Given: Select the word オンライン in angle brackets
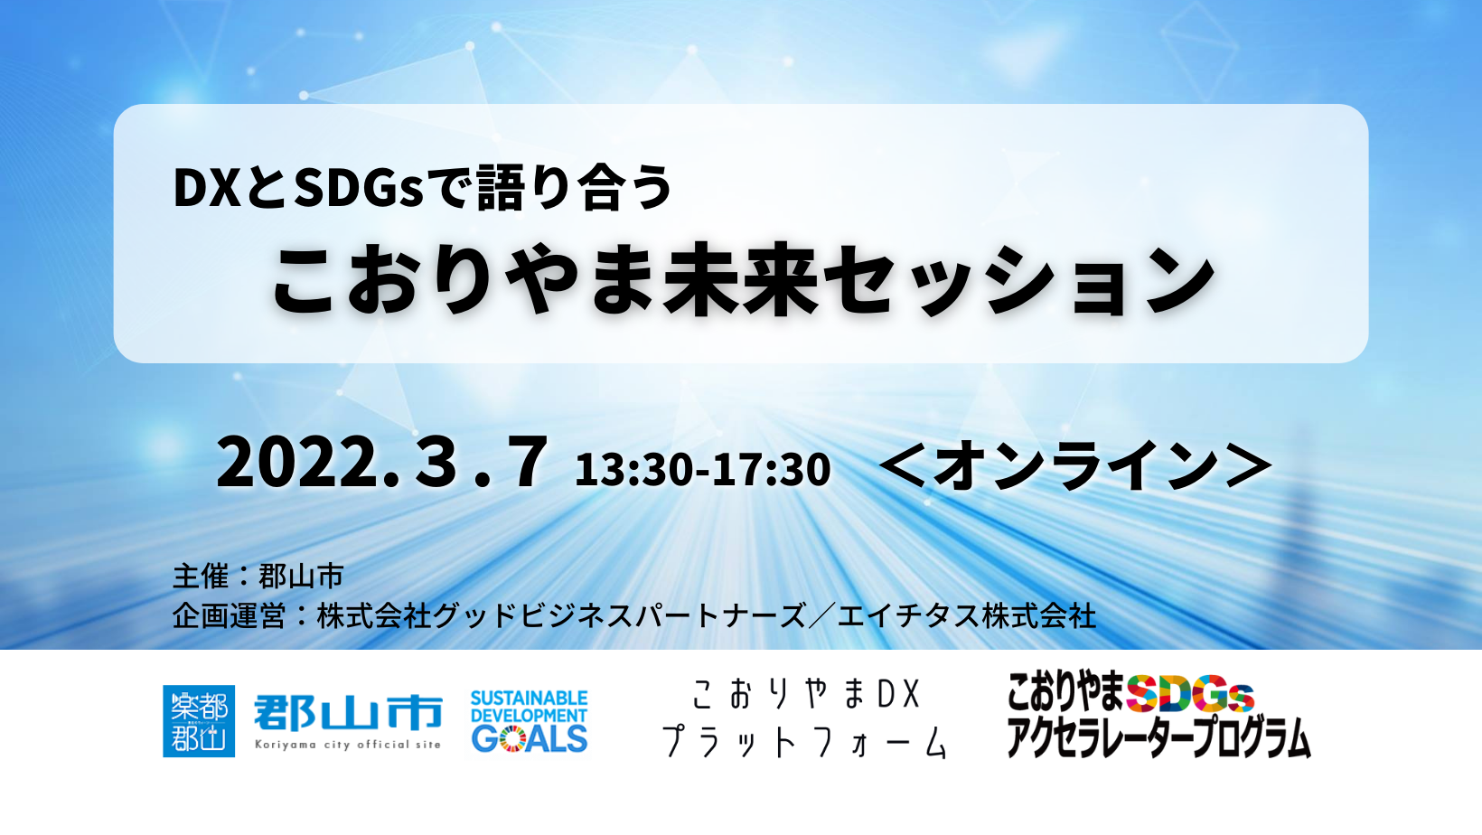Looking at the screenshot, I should (x=1075, y=466).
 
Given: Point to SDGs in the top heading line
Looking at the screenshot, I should (x=359, y=188).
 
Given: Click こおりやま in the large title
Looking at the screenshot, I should (x=464, y=281).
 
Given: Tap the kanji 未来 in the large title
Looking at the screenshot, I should (x=741, y=281).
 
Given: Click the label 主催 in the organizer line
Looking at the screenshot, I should (x=201, y=576).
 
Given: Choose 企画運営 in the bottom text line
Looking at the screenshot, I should (x=229, y=616).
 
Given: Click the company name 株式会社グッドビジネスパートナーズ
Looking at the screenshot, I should (x=561, y=616).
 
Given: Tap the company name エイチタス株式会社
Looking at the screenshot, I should (x=966, y=616).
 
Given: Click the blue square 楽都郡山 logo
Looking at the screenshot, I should (x=199, y=720).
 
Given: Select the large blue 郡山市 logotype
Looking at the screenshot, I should (x=348, y=712).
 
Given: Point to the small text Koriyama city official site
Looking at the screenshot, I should (x=348, y=745).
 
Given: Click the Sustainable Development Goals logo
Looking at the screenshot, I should (x=529, y=721).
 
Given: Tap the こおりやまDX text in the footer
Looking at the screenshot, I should (x=805, y=694).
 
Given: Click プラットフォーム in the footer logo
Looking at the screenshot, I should (x=804, y=742).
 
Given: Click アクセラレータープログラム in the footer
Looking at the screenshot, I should (x=1158, y=737).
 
